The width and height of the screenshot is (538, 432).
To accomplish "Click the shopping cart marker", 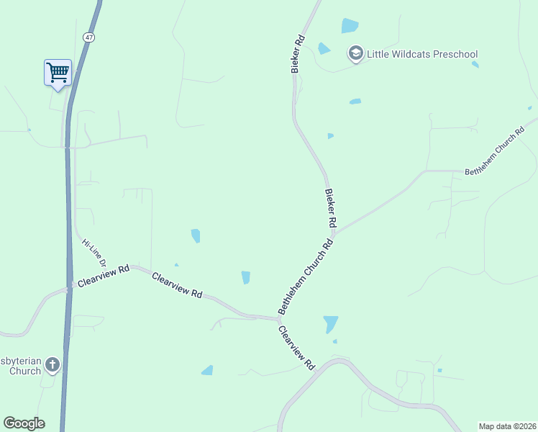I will click(x=58, y=72).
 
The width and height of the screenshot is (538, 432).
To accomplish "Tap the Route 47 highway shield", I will click(x=88, y=36).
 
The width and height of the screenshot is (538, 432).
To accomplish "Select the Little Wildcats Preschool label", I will click(x=422, y=54).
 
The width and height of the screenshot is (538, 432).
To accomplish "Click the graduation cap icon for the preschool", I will click(x=355, y=53).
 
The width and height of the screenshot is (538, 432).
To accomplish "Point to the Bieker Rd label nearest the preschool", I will click(x=298, y=54).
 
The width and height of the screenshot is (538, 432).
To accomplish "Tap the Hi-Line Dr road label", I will click(x=94, y=253).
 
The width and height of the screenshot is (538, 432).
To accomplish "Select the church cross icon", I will click(x=52, y=365).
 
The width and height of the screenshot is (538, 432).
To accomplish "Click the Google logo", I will click(x=24, y=423).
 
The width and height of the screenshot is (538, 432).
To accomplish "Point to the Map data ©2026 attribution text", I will click(x=508, y=426).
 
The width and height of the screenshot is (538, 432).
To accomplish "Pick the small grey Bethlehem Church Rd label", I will click(x=496, y=153).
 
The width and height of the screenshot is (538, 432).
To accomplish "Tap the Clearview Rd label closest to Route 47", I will click(x=104, y=276).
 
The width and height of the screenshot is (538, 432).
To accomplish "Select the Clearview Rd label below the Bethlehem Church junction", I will click(x=296, y=348).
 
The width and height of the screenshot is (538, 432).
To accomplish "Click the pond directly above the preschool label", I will click(x=350, y=26).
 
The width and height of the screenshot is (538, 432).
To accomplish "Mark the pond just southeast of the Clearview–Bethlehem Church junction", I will click(x=330, y=324).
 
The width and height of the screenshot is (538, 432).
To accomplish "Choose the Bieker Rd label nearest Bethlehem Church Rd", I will click(x=331, y=209).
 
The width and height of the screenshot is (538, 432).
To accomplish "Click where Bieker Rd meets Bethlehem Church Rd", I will click(x=334, y=232).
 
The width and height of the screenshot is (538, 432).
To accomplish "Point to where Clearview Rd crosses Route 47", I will click(x=68, y=289).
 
